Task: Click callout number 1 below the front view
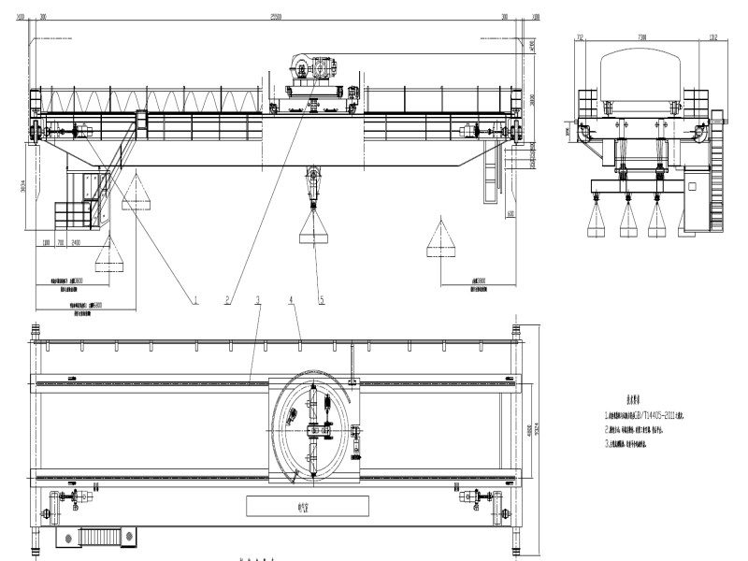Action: pyautogui.click(x=196, y=301)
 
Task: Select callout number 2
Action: pyautogui.click(x=226, y=301)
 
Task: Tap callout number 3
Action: pyautogui.click(x=257, y=301)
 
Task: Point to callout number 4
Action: pyautogui.click(x=292, y=301)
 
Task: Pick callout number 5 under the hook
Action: pyautogui.click(x=322, y=301)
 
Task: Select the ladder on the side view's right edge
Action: pyautogui.click(x=719, y=178)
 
